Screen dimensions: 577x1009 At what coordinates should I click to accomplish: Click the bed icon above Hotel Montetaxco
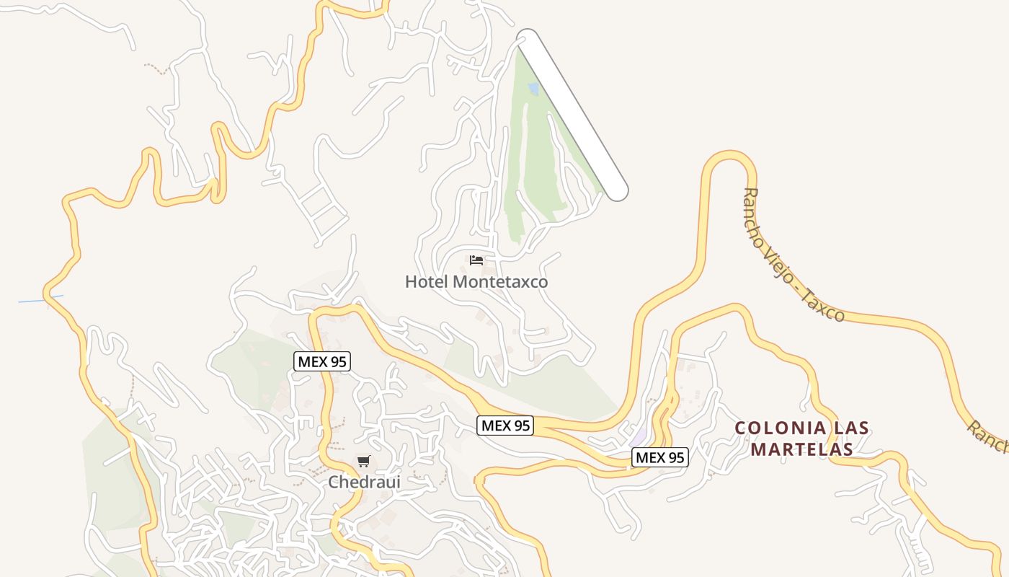click(x=476, y=260)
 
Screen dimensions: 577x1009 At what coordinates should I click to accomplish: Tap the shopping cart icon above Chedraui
click(x=364, y=461)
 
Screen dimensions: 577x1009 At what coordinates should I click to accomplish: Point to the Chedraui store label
click(x=364, y=482)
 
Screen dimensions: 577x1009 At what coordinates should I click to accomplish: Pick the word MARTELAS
click(x=801, y=449)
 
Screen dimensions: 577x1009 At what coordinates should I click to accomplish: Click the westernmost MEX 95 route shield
click(x=322, y=362)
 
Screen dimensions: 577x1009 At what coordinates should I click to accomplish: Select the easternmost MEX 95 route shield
click(x=659, y=457)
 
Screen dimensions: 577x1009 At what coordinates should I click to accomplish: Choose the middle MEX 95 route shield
click(x=506, y=426)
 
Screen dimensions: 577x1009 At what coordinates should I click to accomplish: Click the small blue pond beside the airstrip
click(x=533, y=89)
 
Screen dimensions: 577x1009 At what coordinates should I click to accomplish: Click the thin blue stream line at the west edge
click(x=40, y=299)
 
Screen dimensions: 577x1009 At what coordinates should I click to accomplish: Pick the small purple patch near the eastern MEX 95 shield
click(x=639, y=438)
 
